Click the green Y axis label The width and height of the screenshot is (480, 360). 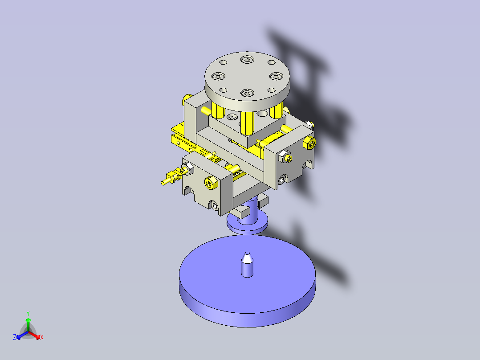[x=28, y=313]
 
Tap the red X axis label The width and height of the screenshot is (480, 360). [x=41, y=338]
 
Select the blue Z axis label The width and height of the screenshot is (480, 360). [x=15, y=338]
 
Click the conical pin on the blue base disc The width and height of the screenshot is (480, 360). [x=247, y=264]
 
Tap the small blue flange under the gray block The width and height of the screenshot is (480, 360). [x=247, y=223]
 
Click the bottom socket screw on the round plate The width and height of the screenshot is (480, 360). [x=246, y=93]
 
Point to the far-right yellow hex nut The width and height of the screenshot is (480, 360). [x=309, y=143]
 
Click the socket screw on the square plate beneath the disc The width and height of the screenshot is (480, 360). [x=232, y=118]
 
